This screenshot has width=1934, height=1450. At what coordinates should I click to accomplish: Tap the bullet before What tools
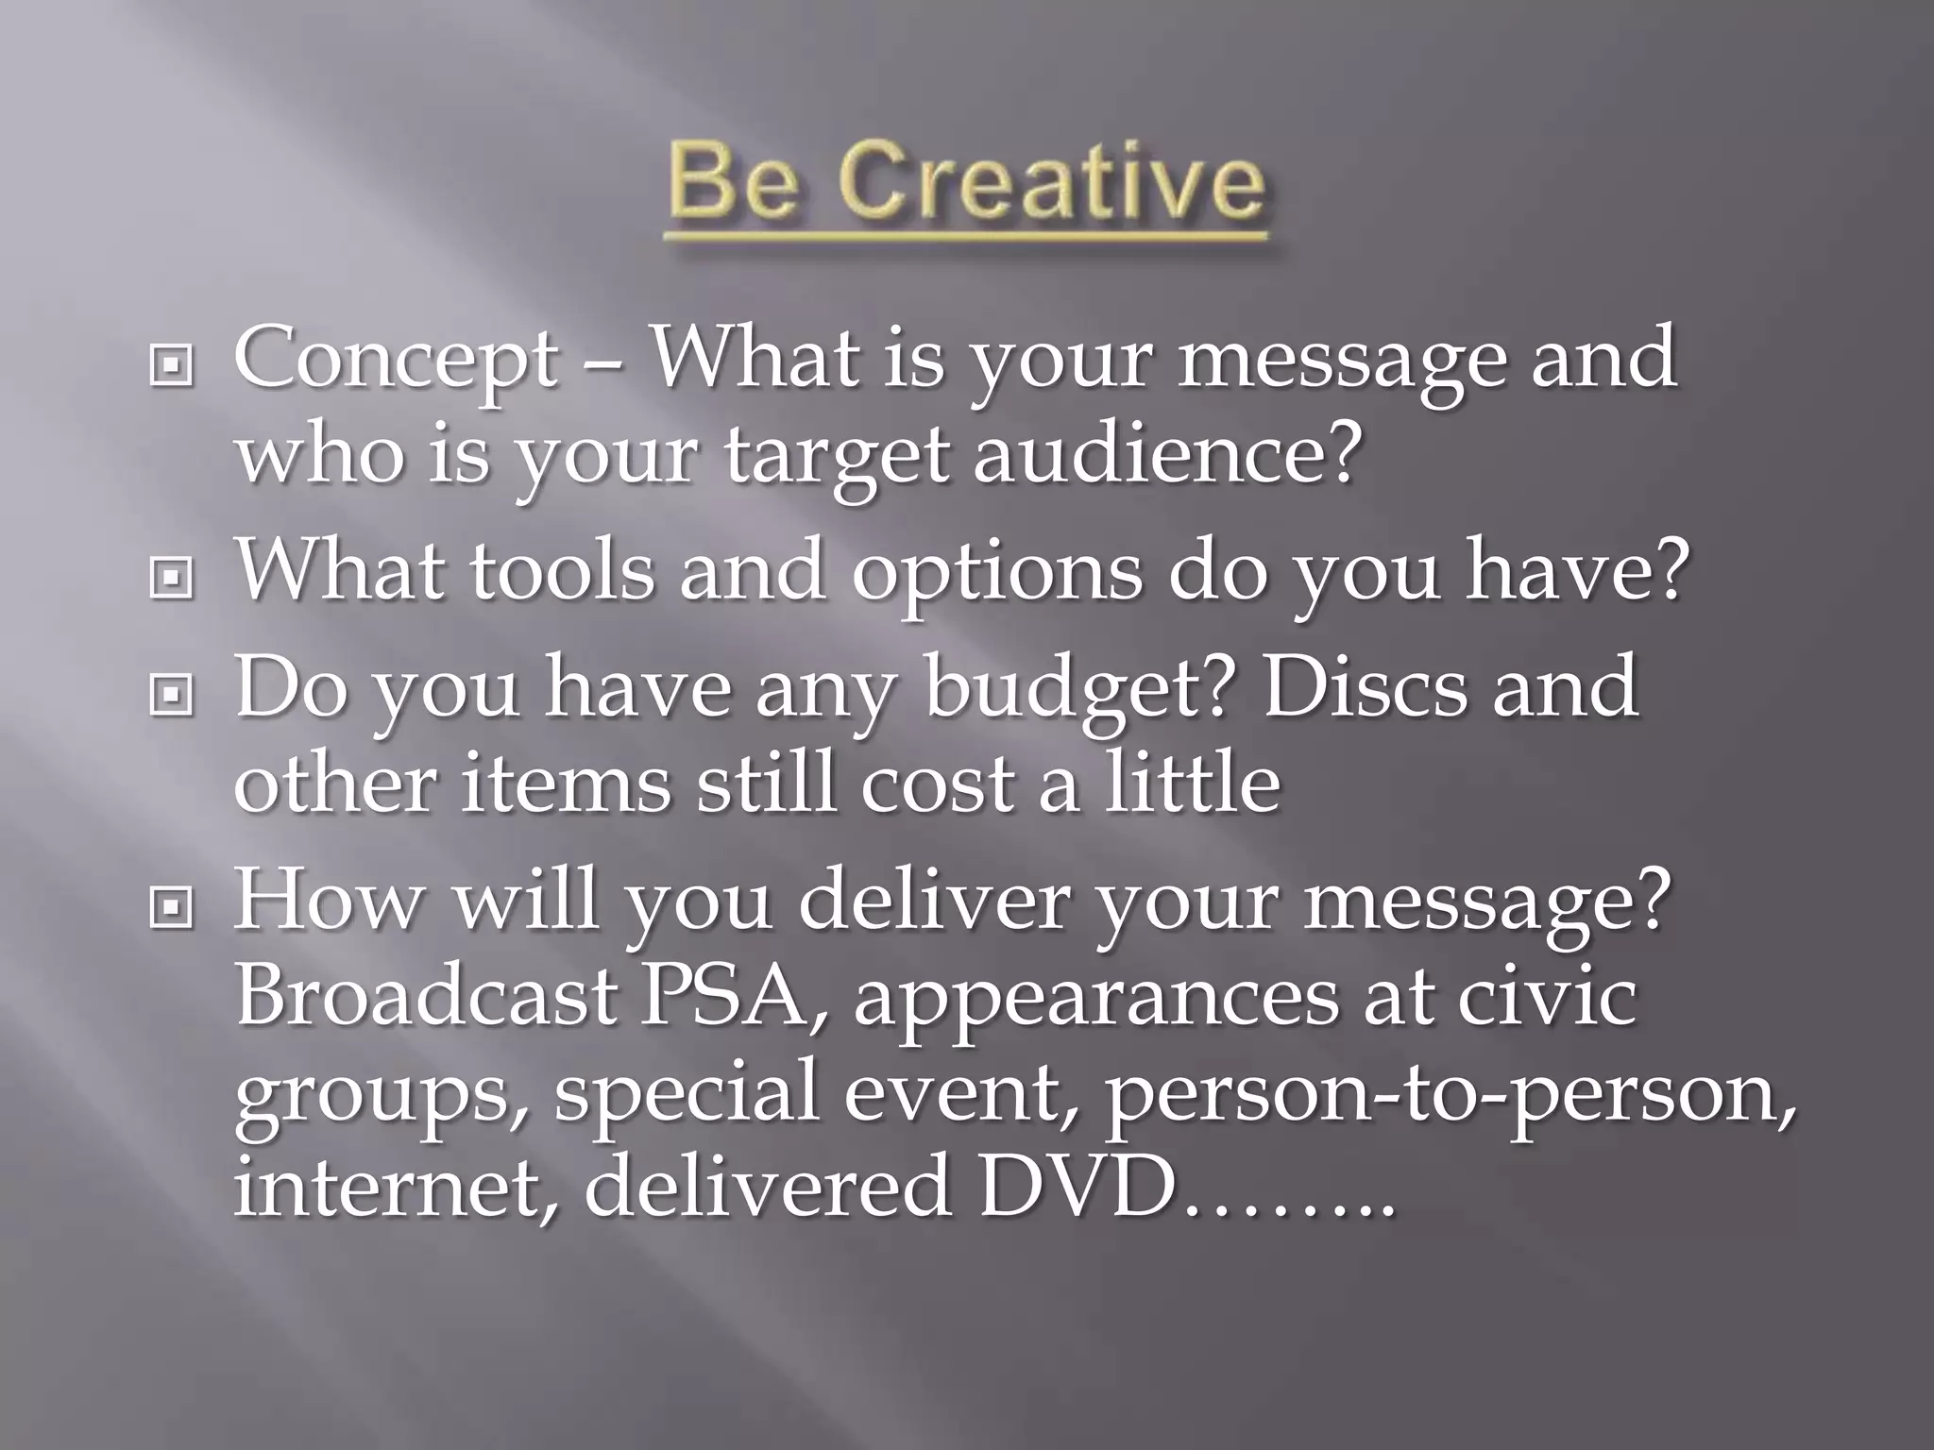click(171, 579)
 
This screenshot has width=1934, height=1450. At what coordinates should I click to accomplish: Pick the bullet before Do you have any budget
click(171, 696)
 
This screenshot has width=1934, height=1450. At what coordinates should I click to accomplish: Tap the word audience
click(1168, 456)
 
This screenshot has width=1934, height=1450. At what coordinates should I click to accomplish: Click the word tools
click(562, 573)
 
